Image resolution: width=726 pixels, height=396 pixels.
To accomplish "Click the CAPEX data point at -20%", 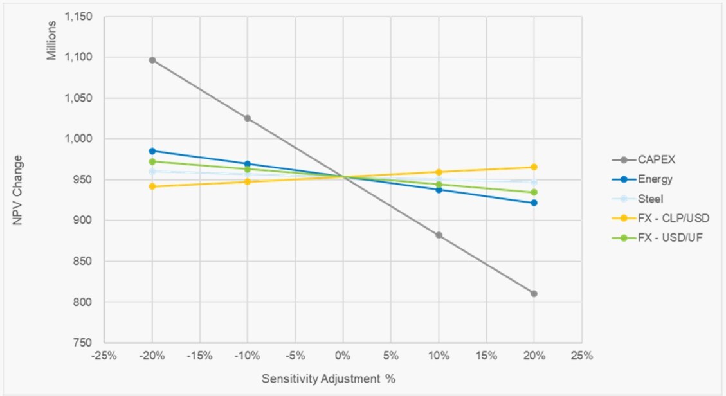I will point(152,60).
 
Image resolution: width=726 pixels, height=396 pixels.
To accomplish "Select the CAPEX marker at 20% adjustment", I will point(534,294).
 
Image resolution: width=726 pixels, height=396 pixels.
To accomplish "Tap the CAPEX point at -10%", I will point(248,118).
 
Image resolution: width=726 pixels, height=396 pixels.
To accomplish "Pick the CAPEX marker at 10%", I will point(439,235).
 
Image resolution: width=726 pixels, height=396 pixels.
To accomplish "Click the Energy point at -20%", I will point(152,151).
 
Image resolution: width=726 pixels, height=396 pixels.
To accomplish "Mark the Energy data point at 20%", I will point(534,203).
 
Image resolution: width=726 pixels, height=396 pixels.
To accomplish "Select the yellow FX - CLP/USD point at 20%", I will point(534,167).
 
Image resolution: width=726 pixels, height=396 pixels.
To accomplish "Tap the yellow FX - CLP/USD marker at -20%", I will point(152,186).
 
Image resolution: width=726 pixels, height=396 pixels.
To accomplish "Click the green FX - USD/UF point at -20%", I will point(152,161).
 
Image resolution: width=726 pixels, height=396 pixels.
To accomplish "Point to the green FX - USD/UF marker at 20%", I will point(534,192).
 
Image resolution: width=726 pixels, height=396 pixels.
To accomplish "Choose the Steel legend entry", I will point(650,199).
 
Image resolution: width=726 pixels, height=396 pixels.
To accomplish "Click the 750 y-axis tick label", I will point(84,343).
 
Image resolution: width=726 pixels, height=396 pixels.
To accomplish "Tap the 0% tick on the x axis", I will point(343,355).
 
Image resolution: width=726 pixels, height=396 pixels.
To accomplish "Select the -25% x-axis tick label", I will point(104,355).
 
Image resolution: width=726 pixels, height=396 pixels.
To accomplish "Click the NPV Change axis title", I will point(18,190).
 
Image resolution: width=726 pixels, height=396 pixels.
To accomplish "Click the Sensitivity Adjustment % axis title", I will point(328,379).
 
